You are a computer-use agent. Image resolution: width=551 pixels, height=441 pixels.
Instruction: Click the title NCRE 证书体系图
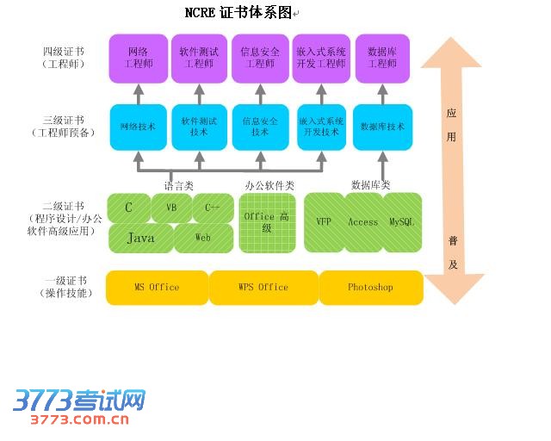pos(239,13)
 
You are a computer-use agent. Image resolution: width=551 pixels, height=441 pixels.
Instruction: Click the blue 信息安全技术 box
pos(260,127)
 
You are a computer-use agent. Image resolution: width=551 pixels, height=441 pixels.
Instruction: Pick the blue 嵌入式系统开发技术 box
pos(321,127)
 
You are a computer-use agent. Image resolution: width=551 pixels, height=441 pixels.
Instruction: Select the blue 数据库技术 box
pos(382,127)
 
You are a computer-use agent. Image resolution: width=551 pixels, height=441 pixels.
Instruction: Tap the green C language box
pos(129,208)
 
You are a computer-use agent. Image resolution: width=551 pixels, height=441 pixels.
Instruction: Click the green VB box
pos(171,208)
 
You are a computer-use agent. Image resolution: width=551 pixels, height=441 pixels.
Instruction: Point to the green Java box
pos(141,238)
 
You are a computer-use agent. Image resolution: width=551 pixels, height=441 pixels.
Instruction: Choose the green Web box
pos(203,238)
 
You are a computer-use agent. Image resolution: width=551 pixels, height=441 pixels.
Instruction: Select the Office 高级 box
pos(266,222)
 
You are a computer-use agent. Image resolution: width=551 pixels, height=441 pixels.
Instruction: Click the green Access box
pos(362,222)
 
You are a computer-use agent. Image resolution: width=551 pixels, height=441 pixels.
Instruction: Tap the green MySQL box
pos(401,222)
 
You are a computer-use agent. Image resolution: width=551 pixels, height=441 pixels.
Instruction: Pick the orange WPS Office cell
pos(263,288)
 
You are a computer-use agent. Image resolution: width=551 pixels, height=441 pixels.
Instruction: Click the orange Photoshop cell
pos(370,288)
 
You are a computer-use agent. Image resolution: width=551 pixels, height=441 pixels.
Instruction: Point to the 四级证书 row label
pos(64,58)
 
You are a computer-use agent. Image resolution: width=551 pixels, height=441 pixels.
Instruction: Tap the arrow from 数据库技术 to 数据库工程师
pos(382,93)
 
